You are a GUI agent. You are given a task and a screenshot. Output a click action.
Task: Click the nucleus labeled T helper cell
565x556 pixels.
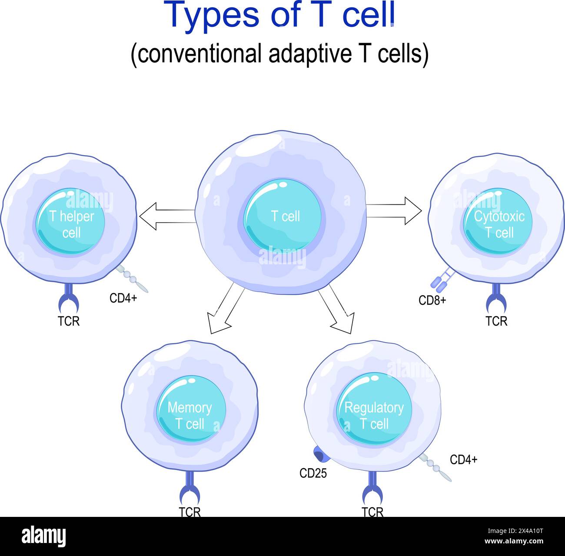point(70,222)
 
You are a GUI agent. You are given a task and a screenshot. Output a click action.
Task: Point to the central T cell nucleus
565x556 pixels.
point(282,216)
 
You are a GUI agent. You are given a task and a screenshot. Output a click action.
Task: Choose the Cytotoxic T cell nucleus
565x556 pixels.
point(498,222)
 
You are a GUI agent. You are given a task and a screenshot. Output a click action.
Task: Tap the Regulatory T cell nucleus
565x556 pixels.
point(374,409)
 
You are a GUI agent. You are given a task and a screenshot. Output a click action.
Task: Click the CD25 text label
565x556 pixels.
point(313,473)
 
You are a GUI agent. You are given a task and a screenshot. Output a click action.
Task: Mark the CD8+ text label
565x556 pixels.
point(432,300)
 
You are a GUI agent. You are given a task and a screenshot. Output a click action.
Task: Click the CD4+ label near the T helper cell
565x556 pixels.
point(123,298)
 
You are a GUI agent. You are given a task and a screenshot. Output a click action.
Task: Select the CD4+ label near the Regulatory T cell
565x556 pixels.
point(463,459)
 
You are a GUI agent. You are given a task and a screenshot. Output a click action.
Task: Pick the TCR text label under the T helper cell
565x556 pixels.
point(69,321)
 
